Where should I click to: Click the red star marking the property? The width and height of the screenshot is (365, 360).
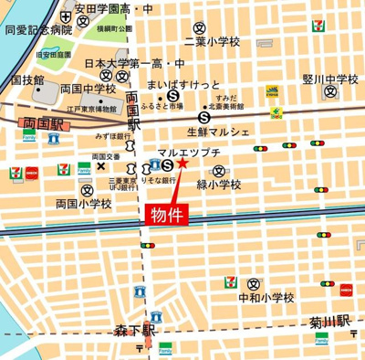(182, 163)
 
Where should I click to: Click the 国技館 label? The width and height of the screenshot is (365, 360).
(28, 80)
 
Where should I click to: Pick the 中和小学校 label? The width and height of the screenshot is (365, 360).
(266, 298)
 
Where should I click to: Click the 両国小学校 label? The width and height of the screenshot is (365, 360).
(83, 204)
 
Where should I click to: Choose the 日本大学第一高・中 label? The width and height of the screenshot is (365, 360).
(133, 64)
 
